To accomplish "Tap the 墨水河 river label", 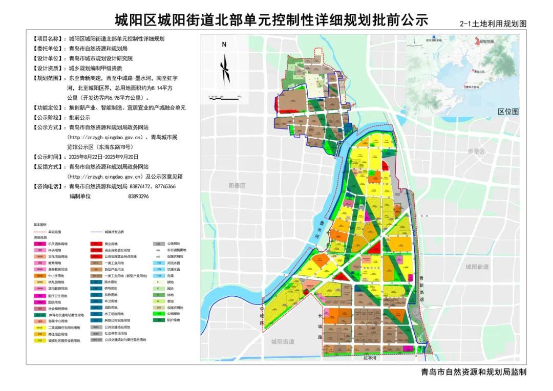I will pos(316,230).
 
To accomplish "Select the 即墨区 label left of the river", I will pos(237,186).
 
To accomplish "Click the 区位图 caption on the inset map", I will pos(508,111).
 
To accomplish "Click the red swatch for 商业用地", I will pos(96,244).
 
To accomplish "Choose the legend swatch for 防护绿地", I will pos(159,320).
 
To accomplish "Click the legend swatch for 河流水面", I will pos(159,263).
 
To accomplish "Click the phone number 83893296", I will pos(138,196).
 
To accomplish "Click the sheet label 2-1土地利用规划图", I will pos(493,24).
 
